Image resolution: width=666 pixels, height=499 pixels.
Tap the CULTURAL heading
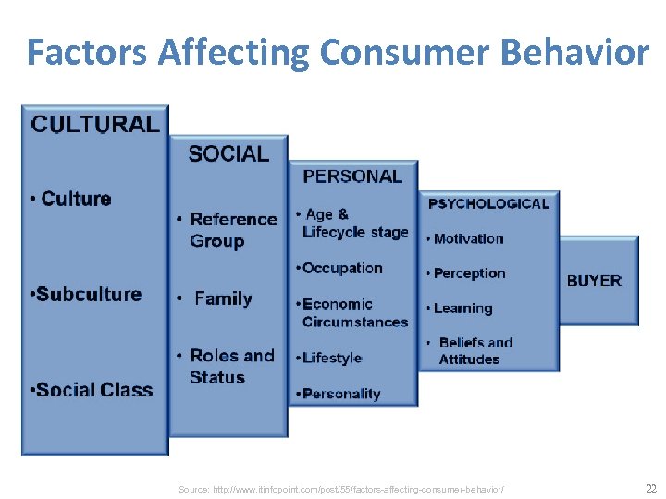95,125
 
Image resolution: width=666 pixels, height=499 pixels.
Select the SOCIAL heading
228,153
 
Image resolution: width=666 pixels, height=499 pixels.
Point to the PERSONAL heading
352,176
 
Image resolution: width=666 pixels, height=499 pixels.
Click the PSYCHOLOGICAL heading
487,203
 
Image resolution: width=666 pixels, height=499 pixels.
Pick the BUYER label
594,281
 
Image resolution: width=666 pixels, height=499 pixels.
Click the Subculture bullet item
85,295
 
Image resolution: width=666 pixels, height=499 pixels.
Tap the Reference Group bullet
231,230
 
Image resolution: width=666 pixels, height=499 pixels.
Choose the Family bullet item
222,298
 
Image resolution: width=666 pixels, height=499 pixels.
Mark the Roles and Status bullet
231,366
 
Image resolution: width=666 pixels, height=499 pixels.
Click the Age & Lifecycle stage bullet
353,223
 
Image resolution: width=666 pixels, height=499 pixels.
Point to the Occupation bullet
339,268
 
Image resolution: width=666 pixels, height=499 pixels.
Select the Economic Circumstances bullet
353,312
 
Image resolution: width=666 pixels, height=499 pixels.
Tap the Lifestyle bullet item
330,358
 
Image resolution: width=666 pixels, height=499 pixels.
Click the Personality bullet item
339,394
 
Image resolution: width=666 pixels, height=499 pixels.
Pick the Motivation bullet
467,238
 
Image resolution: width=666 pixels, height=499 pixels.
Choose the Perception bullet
467,274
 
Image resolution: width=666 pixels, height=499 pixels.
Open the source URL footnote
342,488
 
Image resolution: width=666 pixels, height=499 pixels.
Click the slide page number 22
650,488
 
